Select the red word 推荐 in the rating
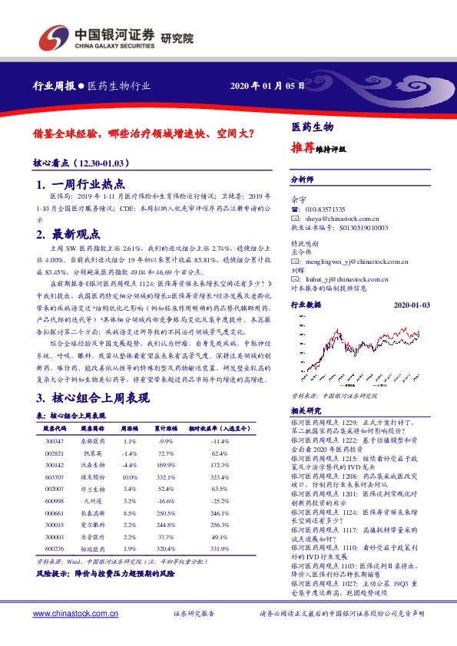point(303,147)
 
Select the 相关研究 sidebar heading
point(305,412)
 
